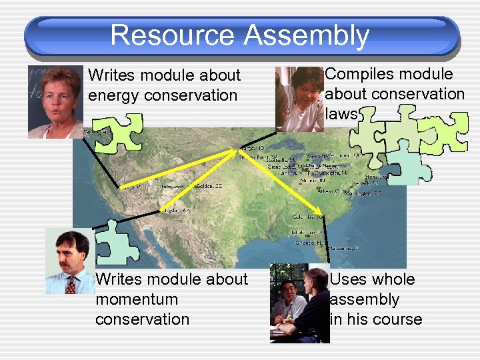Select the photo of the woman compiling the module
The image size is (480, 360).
[x=299, y=98]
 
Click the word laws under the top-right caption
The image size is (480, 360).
[x=342, y=114]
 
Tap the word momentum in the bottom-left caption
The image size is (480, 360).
[x=137, y=299]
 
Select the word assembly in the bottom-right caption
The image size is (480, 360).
[x=365, y=299]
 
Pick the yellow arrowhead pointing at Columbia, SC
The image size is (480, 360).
[x=317, y=213]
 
